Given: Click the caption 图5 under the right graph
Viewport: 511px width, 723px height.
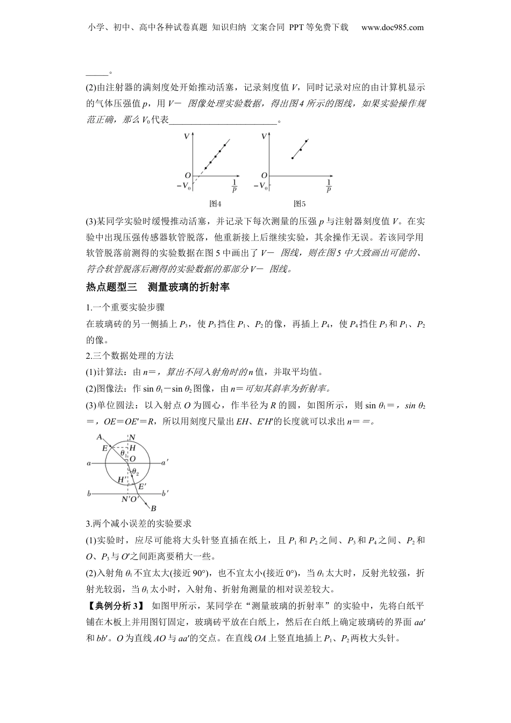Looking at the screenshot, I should coord(299,204).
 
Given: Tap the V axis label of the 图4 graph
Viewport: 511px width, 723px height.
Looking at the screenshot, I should coord(187,137).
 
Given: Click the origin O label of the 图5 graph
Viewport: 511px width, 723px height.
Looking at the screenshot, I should coord(264,175).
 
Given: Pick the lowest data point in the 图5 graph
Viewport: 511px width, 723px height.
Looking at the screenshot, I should coord(292,158).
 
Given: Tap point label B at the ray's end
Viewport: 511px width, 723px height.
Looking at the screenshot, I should coord(153,508).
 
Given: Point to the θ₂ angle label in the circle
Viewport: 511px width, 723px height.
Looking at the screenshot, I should coord(136,473).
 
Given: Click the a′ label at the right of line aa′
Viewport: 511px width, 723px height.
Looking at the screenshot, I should coord(166,462).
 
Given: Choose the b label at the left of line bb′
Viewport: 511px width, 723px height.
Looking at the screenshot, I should coord(89,493).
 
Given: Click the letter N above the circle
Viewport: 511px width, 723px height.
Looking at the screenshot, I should coord(132,437).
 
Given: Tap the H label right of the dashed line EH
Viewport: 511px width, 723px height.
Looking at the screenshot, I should coord(132,448).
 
